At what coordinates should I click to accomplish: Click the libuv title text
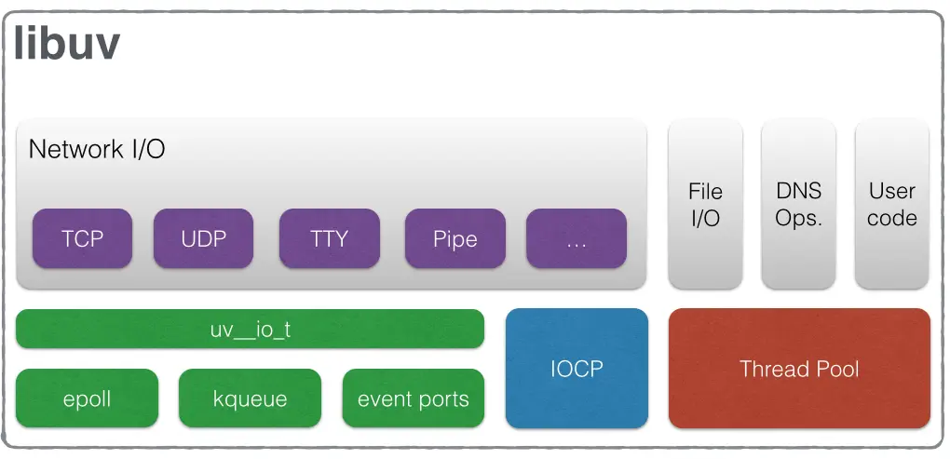point(67,43)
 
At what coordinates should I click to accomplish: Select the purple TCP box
point(82,238)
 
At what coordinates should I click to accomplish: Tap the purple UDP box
point(203,238)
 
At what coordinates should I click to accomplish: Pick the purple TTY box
point(329,238)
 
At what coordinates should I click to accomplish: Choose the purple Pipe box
point(455,238)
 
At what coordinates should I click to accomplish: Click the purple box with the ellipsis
point(576,238)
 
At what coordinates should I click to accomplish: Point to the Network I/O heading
point(97,149)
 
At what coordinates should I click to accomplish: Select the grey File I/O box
point(705,205)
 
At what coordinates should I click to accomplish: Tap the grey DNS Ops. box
point(798,205)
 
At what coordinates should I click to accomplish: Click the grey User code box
point(891,205)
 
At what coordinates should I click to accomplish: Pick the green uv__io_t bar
point(250,330)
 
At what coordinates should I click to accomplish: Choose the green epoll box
point(87,399)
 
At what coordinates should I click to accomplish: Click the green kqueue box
point(250,399)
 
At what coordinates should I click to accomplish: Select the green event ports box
point(413,399)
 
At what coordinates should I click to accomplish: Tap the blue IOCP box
point(576,368)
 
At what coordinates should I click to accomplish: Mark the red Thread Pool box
point(799,368)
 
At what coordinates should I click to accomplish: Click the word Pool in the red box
point(836,369)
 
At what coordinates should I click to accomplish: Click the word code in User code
point(891,219)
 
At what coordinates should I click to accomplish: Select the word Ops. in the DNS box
point(798,219)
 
